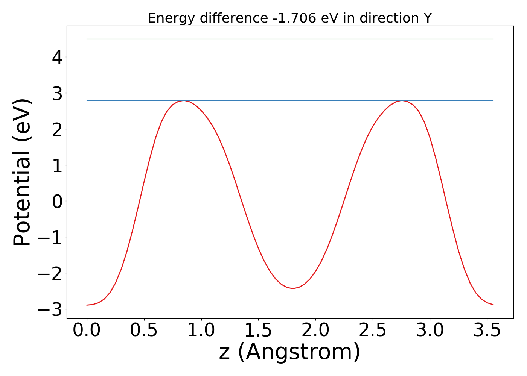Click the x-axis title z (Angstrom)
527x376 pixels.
click(289, 352)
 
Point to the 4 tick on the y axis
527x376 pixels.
click(57, 57)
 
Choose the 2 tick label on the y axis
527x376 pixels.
click(57, 129)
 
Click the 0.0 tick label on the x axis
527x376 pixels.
click(87, 331)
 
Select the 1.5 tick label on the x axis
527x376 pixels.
click(258, 331)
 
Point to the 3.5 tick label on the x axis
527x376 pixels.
click(487, 331)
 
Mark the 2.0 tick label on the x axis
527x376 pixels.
click(315, 331)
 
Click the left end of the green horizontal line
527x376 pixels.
click(87, 39)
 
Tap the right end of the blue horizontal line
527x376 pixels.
click(493, 100)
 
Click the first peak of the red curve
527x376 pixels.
click(184, 101)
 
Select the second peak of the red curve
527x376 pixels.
click(402, 101)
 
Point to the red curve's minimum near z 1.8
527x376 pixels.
click(293, 288)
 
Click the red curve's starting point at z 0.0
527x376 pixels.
click(87, 305)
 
